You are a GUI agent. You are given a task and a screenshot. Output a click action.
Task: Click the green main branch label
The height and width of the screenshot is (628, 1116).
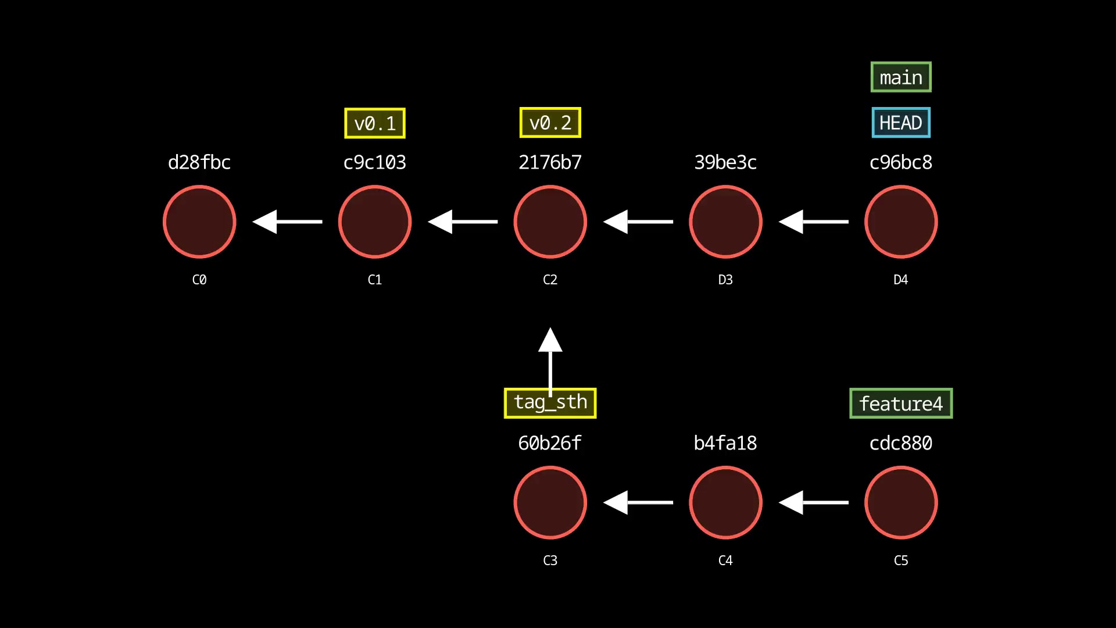[x=901, y=77]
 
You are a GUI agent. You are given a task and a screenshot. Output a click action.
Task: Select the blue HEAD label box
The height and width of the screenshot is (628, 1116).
[x=901, y=123]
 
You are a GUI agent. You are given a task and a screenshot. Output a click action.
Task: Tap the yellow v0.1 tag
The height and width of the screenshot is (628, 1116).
[x=375, y=123]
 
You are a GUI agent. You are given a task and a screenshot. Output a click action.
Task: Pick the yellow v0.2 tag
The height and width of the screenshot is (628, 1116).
[x=550, y=123]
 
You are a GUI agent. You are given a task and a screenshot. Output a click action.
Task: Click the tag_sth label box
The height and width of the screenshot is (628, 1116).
[x=550, y=403]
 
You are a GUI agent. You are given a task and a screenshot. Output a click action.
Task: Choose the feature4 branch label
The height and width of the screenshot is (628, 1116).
[x=901, y=404]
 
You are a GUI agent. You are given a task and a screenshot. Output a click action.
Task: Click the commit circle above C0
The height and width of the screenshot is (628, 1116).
[x=199, y=222]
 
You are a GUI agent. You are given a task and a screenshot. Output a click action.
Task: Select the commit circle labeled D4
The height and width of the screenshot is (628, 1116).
[x=901, y=222]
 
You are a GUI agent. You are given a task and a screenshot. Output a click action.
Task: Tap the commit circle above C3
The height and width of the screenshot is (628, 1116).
[x=550, y=502]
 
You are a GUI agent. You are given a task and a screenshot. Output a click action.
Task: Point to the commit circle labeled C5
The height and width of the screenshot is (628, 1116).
[x=901, y=502]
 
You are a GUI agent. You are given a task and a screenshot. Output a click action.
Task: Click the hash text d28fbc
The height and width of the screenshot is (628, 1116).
[x=199, y=162]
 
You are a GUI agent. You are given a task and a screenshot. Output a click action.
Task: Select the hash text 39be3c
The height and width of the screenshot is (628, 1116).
[x=725, y=162]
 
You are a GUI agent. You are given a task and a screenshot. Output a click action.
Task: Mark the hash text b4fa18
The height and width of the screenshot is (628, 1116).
[x=725, y=443]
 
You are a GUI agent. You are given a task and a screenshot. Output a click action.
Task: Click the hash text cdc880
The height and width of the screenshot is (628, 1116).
[x=901, y=443]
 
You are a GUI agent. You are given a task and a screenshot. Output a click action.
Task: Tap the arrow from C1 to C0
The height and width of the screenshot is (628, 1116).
[x=288, y=222]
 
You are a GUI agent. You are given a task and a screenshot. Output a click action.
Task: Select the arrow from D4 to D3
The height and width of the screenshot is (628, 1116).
[x=814, y=222]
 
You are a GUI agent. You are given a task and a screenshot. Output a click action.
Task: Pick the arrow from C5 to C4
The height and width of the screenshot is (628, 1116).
[x=814, y=502]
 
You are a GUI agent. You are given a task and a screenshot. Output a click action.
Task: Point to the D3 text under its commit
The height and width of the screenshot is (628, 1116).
[x=725, y=280]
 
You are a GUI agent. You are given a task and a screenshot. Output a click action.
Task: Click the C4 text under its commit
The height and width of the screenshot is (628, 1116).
[x=725, y=561]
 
